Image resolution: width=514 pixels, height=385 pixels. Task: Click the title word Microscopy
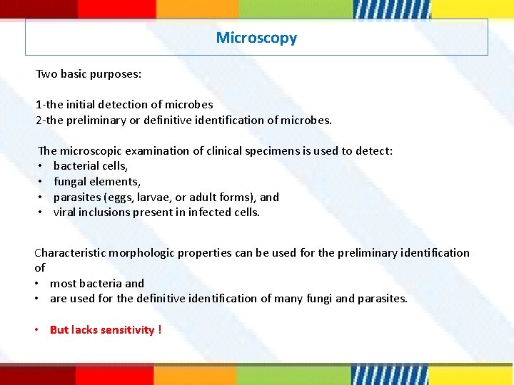256,38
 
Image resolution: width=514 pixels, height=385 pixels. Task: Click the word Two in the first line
46,74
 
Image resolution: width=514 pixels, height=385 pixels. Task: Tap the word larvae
156,197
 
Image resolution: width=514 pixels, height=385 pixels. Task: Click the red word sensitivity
127,329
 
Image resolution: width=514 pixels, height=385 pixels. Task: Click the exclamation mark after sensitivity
160,329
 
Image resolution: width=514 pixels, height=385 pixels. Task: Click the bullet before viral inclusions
41,212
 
